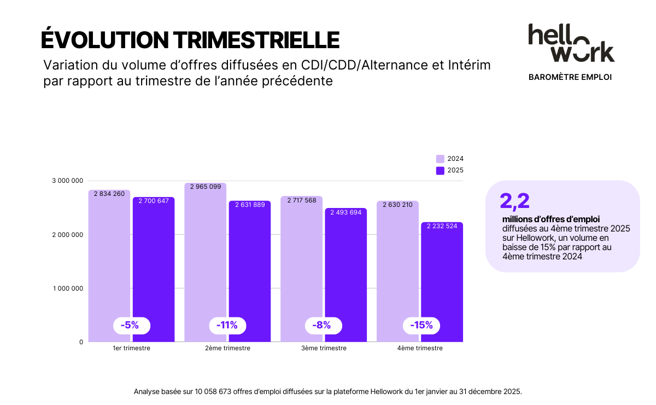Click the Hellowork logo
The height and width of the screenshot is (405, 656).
pos(571,43)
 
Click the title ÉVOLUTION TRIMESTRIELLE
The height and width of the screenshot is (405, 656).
pos(190,39)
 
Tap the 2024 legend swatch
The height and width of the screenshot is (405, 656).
pos(440,159)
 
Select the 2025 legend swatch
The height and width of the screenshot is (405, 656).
pos(440,170)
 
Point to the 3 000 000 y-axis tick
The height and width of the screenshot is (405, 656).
pos(68,181)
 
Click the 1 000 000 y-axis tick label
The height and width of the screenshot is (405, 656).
pos(68,288)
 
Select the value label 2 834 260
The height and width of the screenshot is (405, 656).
pos(109,194)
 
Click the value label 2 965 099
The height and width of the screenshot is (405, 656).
pos(206,187)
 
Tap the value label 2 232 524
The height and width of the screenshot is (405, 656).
pos(442,226)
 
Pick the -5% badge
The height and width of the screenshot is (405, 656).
pos(132,325)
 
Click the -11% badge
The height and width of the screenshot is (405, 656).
pos(227,325)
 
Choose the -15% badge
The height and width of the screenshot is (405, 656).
pos(421,325)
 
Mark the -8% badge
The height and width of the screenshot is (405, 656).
pos(323,325)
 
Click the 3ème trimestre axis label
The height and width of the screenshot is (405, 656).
pos(324,348)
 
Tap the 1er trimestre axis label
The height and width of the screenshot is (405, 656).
pos(131,348)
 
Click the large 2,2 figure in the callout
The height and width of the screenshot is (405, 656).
pos(514,201)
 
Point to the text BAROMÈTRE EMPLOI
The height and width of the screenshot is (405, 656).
pos(570,77)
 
